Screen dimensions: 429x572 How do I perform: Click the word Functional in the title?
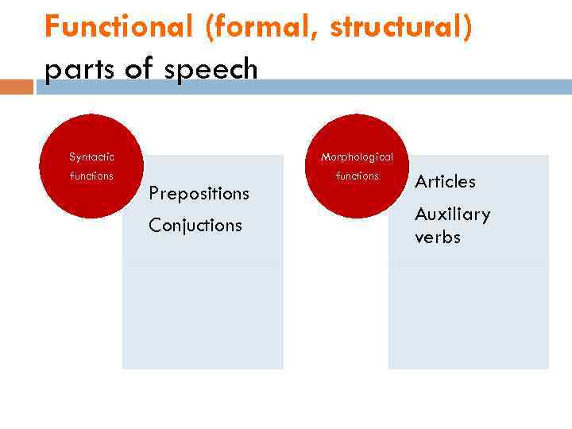[118, 27]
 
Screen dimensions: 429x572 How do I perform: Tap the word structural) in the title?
[401, 27]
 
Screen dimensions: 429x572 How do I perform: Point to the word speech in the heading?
[214, 70]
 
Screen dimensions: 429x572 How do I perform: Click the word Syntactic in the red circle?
[91, 157]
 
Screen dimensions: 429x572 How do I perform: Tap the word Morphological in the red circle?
[357, 157]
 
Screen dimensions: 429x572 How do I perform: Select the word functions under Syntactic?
[91, 176]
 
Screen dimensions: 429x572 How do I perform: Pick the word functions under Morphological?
[357, 176]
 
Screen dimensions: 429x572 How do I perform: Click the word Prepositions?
[199, 193]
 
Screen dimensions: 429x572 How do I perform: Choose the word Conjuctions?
[195, 226]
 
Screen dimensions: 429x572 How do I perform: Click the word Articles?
[445, 181]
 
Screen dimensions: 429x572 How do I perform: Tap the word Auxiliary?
[452, 214]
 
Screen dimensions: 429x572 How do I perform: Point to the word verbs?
[437, 238]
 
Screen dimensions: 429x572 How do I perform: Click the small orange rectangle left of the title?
[17, 87]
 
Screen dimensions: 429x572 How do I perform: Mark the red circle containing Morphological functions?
[357, 199]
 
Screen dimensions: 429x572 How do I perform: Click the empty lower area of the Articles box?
[468, 318]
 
